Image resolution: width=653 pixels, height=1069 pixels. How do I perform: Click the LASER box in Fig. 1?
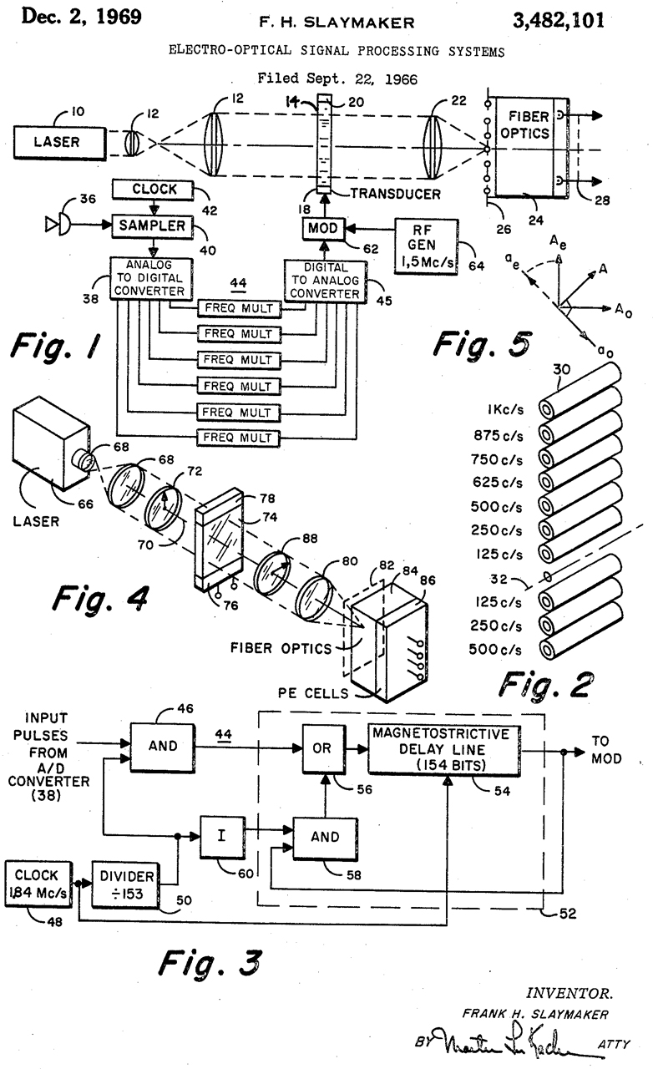58,141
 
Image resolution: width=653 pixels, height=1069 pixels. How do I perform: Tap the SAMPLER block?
151,225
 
